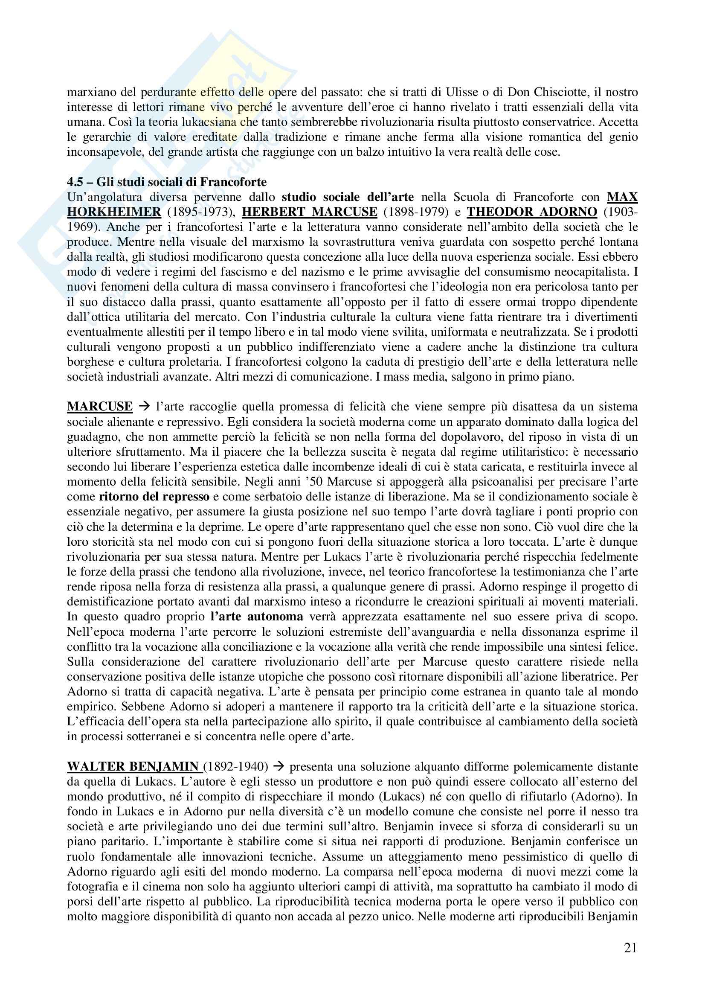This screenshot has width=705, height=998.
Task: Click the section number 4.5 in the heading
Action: click(x=76, y=182)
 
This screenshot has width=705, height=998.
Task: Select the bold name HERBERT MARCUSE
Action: click(x=309, y=212)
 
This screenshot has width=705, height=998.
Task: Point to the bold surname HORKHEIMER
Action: click(x=114, y=212)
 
